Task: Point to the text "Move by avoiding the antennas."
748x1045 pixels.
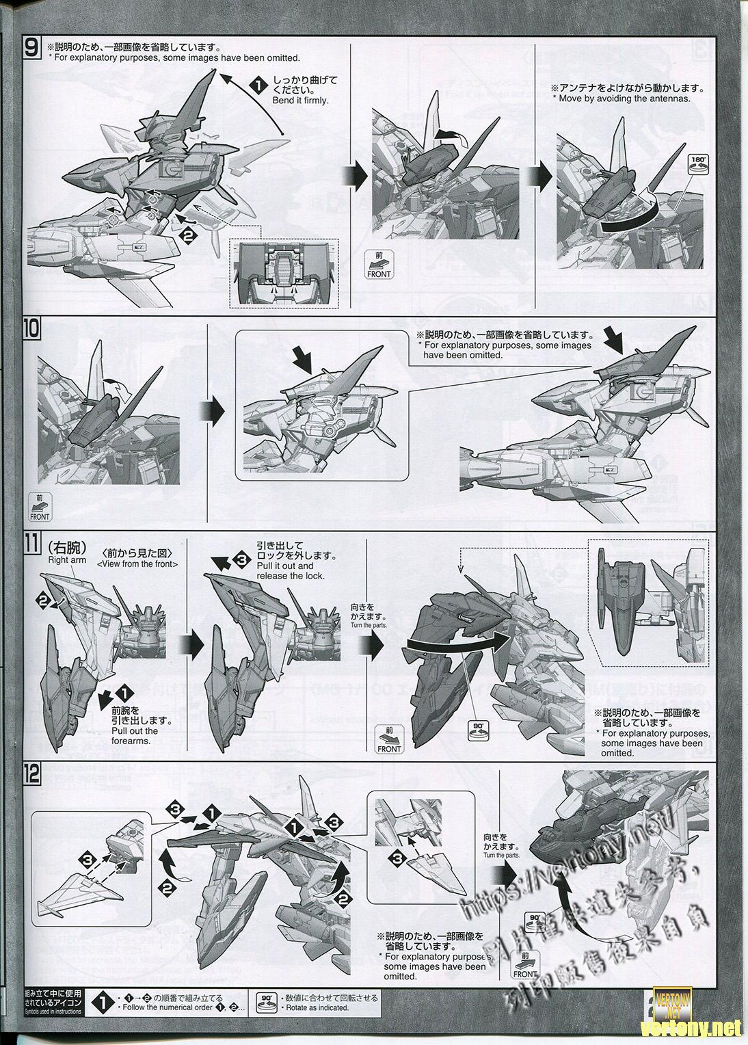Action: pyautogui.click(x=625, y=98)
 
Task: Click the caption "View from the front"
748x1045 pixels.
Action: pyautogui.click(x=137, y=564)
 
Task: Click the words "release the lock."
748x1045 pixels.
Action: pyautogui.click(x=291, y=576)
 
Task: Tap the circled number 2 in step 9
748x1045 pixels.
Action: pyautogui.click(x=187, y=235)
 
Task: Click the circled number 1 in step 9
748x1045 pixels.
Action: pyautogui.click(x=256, y=86)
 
